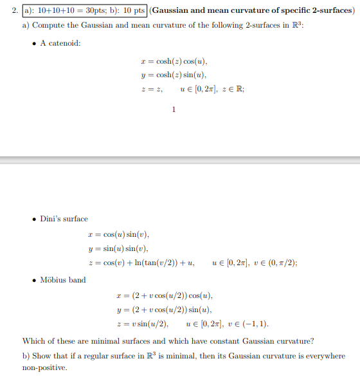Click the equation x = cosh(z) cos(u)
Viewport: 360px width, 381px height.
[174, 61]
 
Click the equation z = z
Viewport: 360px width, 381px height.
[151, 89]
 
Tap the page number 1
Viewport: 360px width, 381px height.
[174, 109]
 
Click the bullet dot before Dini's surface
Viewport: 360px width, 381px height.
[34, 219]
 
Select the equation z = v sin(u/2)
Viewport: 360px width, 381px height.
[140, 324]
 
